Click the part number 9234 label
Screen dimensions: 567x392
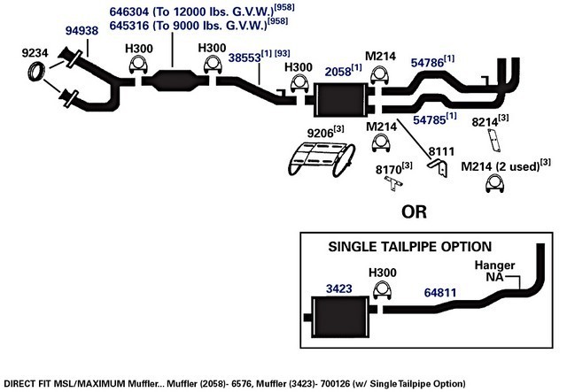(x=35, y=53)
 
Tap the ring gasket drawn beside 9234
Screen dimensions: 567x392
(x=36, y=71)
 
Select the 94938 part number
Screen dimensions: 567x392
(x=82, y=31)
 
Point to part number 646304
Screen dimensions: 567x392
(x=129, y=12)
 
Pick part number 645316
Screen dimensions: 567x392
(x=129, y=26)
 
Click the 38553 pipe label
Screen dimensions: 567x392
(x=245, y=58)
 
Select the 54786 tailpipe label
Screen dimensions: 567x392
(x=427, y=63)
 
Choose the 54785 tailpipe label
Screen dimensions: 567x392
(x=430, y=120)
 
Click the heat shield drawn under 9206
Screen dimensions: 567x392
(x=322, y=159)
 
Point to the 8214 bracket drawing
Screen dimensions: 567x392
(x=493, y=140)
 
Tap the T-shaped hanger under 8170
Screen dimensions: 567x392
(x=393, y=182)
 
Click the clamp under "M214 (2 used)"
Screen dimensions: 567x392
(x=494, y=183)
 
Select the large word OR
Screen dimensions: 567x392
(x=414, y=212)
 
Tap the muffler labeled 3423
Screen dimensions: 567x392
(x=340, y=317)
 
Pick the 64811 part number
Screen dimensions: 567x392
(x=440, y=293)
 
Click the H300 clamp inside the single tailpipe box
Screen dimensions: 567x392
(x=382, y=290)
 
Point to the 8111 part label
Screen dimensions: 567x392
(x=441, y=151)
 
